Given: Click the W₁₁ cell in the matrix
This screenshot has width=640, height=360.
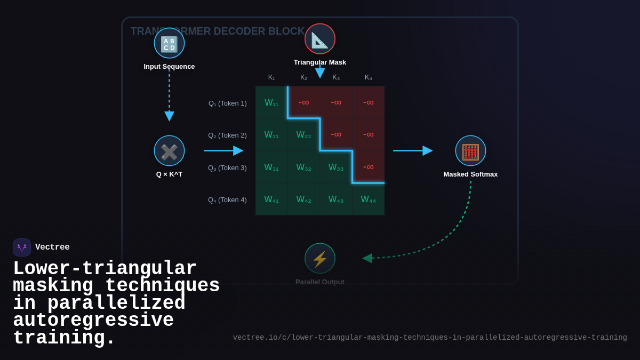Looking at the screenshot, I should click(x=271, y=102).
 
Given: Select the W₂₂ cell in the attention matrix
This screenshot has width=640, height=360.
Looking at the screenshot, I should click(x=303, y=135).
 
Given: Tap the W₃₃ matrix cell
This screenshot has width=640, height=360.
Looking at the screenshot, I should click(x=336, y=167).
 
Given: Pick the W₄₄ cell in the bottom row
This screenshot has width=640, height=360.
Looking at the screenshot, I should click(x=368, y=199).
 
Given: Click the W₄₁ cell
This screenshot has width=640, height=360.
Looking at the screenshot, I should click(x=271, y=199).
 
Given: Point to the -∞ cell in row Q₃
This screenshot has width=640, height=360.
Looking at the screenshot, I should click(x=368, y=167).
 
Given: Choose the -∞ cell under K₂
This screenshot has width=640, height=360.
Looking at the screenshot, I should click(x=303, y=102).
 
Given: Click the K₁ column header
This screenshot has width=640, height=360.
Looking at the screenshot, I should click(x=271, y=77).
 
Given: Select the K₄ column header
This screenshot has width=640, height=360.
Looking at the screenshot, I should click(x=368, y=77).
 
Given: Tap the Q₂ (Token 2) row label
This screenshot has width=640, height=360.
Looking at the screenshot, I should click(x=227, y=135).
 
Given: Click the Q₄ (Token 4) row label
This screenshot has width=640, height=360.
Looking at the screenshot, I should click(x=227, y=199).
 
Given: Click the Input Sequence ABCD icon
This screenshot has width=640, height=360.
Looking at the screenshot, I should click(x=169, y=43).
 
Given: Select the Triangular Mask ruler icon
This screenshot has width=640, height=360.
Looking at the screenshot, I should click(x=320, y=39).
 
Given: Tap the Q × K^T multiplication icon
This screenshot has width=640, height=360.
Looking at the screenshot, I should click(x=169, y=151).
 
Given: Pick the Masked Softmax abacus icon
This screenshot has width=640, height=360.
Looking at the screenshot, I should click(x=470, y=151).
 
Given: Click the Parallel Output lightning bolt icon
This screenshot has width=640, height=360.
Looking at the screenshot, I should click(x=320, y=259).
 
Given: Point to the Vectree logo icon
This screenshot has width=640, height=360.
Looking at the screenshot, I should click(x=22, y=247).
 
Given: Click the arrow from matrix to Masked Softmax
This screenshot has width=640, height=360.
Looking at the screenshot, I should click(x=412, y=151).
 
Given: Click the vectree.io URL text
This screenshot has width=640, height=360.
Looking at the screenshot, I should click(x=430, y=338).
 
